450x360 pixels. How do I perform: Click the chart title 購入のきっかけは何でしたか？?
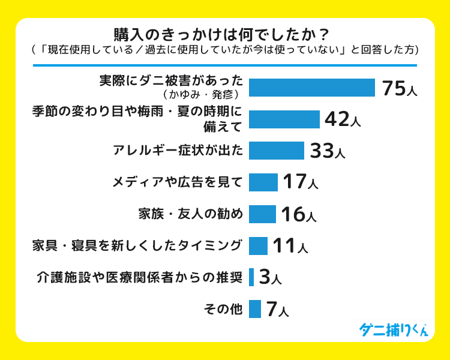click(224, 32)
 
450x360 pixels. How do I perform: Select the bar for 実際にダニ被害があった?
click(311, 88)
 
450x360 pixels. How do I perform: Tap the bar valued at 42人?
click(284, 119)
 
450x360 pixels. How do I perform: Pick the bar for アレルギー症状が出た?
click(276, 151)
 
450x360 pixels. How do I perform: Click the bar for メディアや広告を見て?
click(263, 182)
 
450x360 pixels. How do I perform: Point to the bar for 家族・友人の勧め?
click(262, 214)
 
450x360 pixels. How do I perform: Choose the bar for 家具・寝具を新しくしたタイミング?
click(258, 245)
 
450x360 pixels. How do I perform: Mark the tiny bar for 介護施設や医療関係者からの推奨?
click(251, 277)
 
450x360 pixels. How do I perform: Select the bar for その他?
click(254, 308)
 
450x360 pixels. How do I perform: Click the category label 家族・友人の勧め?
click(190, 214)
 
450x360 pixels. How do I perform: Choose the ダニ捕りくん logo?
click(393, 329)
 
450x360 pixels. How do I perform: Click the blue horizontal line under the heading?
click(224, 65)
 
